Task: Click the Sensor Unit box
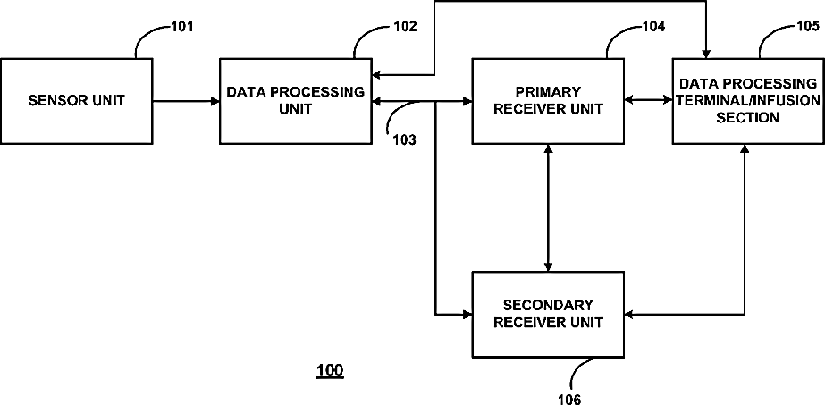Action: click(x=76, y=101)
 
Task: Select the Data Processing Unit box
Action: click(x=295, y=101)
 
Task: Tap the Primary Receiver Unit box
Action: click(x=548, y=101)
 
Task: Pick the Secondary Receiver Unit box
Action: click(x=548, y=315)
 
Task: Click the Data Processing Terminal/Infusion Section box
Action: click(x=748, y=101)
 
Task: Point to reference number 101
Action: click(x=182, y=26)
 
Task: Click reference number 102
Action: click(x=405, y=26)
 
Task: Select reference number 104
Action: click(x=653, y=26)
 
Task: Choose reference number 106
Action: click(x=569, y=400)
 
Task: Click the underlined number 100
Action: click(x=329, y=371)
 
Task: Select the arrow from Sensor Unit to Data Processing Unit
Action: click(x=186, y=101)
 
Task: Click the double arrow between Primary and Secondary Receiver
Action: click(x=548, y=207)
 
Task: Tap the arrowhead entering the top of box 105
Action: click(x=705, y=54)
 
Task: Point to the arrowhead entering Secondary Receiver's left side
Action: click(x=467, y=315)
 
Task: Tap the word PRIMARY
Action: click(x=548, y=92)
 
